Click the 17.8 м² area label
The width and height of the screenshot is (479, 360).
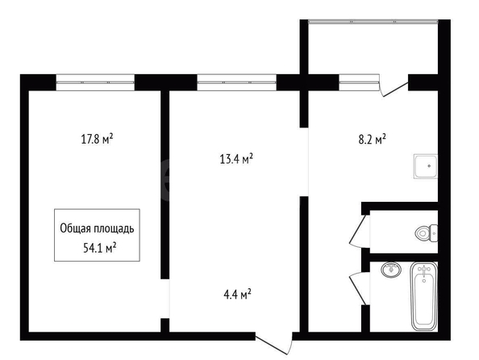[x=97, y=139]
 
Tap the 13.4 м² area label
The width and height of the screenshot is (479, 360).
[x=236, y=159]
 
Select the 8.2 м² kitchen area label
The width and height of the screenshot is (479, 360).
[x=372, y=140]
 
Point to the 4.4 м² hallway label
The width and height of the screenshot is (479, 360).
[x=237, y=295]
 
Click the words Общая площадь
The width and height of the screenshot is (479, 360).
[x=97, y=228]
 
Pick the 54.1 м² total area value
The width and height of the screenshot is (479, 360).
[x=99, y=248]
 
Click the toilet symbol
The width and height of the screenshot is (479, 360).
[x=426, y=233]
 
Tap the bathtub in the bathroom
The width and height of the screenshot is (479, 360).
[x=423, y=295]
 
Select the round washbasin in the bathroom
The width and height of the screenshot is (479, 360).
[x=391, y=270]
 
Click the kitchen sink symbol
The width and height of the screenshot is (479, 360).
[x=426, y=166]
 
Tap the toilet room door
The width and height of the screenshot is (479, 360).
[x=360, y=230]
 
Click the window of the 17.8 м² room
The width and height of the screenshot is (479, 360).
[x=95, y=82]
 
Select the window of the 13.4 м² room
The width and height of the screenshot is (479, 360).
[x=237, y=82]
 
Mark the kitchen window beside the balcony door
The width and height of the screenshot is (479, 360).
[x=359, y=82]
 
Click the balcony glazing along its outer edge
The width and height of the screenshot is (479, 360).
[x=373, y=22]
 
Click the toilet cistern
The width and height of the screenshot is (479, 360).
[x=434, y=233]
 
